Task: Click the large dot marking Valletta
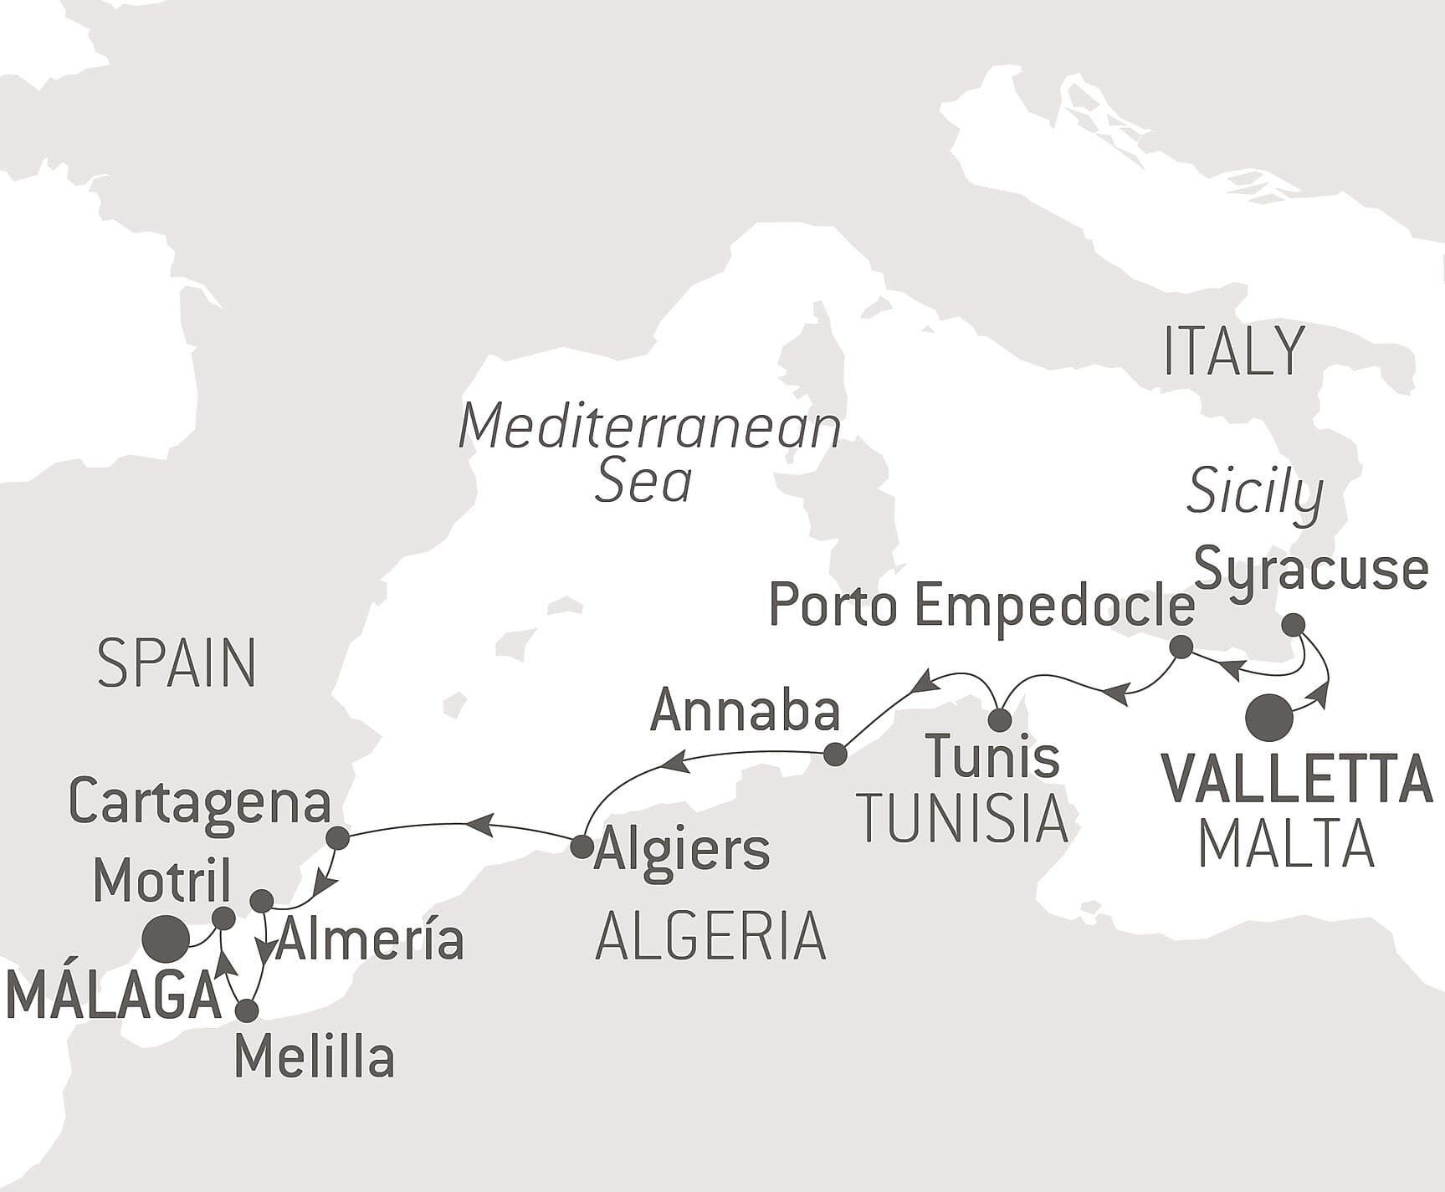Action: click(x=1268, y=718)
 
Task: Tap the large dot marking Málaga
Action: click(x=164, y=939)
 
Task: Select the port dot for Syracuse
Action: click(x=1293, y=624)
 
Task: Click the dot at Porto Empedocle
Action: click(x=1181, y=647)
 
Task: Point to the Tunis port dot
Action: click(x=1000, y=720)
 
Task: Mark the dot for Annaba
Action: click(x=835, y=755)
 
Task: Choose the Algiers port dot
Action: click(x=582, y=847)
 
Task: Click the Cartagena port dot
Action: click(x=337, y=837)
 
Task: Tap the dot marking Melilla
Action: click(x=247, y=1010)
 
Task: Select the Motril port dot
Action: click(x=223, y=918)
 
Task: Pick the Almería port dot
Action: click(x=262, y=901)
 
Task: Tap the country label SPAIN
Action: click(x=177, y=663)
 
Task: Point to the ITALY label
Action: click(x=1233, y=351)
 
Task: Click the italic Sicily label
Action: click(x=1254, y=492)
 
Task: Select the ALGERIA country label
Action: click(x=710, y=937)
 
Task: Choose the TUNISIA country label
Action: click(x=963, y=819)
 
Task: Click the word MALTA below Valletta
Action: click(x=1286, y=845)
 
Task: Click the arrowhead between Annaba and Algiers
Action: click(x=677, y=762)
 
